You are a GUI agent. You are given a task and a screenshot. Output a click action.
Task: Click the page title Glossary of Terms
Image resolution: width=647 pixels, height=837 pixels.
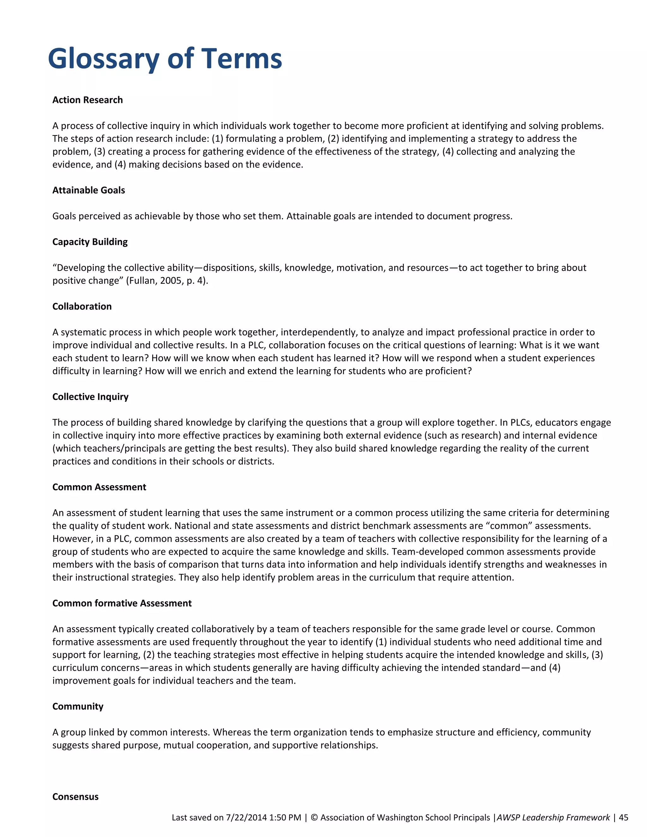click(165, 59)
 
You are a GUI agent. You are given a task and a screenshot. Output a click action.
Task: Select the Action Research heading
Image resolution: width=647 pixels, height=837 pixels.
click(88, 100)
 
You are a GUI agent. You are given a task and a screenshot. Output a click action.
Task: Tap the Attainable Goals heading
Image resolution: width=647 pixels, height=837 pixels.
click(88, 190)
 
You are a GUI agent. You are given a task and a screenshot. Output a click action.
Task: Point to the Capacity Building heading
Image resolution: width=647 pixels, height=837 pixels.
click(90, 242)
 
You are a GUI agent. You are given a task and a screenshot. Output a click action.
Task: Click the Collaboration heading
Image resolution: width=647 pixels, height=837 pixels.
click(82, 306)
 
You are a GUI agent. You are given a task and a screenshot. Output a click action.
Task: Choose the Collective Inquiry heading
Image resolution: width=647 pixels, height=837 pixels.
click(90, 397)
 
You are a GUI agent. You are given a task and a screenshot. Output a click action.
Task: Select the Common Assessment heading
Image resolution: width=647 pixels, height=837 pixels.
click(99, 487)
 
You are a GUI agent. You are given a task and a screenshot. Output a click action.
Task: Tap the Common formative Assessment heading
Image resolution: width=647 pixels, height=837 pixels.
click(122, 603)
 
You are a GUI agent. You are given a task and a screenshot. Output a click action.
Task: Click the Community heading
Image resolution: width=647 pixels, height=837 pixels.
click(78, 706)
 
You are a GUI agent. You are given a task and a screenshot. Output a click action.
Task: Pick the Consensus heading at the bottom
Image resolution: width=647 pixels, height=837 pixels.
click(75, 797)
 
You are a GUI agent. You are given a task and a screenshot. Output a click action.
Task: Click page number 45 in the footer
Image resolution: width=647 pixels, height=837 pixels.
click(624, 817)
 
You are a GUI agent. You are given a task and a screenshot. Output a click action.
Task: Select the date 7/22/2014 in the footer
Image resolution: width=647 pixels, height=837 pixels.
click(246, 817)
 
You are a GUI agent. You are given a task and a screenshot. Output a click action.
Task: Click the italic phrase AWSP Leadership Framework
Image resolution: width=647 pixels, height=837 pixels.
click(553, 817)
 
